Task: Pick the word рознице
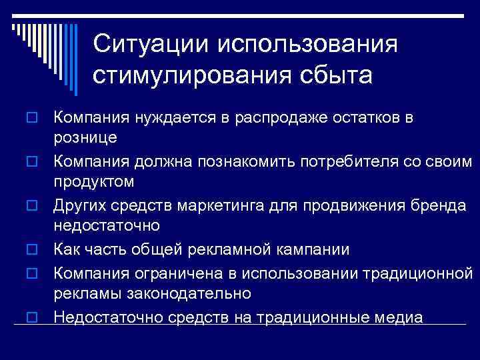[x=85, y=138]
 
